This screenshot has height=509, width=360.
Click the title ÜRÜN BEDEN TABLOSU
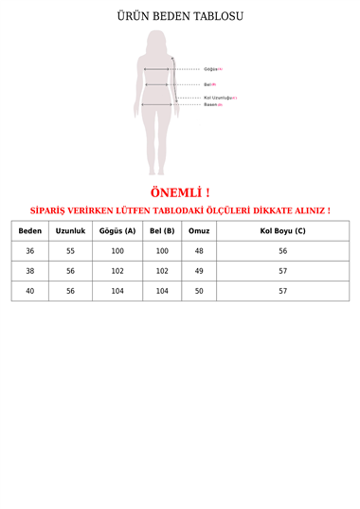click(179, 17)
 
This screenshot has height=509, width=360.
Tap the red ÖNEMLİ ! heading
click(179, 192)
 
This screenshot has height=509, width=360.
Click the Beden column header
click(29, 230)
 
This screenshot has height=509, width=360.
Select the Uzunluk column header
click(70, 230)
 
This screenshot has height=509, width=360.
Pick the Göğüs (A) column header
click(117, 230)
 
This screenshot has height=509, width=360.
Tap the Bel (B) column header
click(162, 230)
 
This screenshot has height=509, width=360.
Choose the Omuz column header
click(199, 230)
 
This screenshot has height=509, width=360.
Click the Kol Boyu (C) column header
click(282, 230)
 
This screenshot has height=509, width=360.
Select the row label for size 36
click(29, 251)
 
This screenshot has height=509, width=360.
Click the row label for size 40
click(29, 291)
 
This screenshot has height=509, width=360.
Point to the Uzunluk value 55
click(70, 251)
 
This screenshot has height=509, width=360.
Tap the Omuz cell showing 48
click(199, 251)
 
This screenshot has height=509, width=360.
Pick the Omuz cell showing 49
click(199, 271)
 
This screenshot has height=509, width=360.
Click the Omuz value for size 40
click(199, 291)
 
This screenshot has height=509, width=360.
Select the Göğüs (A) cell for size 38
click(117, 271)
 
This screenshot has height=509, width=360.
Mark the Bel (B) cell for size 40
click(162, 291)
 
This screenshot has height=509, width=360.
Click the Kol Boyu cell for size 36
click(282, 251)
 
